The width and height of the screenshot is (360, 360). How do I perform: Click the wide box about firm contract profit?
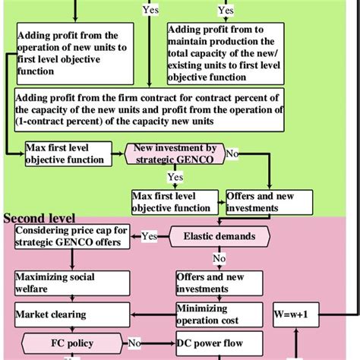149,110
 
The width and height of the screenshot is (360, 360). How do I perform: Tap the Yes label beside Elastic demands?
149,236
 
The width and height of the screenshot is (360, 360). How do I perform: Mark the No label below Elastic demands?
219,257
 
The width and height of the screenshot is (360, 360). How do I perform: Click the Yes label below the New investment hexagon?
175,178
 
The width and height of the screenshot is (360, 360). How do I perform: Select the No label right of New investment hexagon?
232,153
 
